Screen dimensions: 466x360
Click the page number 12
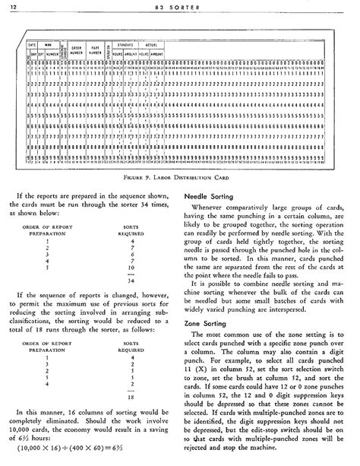pyautogui.click(x=13, y=7)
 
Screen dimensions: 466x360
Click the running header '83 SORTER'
pyautogui.click(x=177, y=7)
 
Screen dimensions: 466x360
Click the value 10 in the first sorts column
pyautogui.click(x=132, y=268)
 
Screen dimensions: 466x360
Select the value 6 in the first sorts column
pyautogui.click(x=132, y=251)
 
